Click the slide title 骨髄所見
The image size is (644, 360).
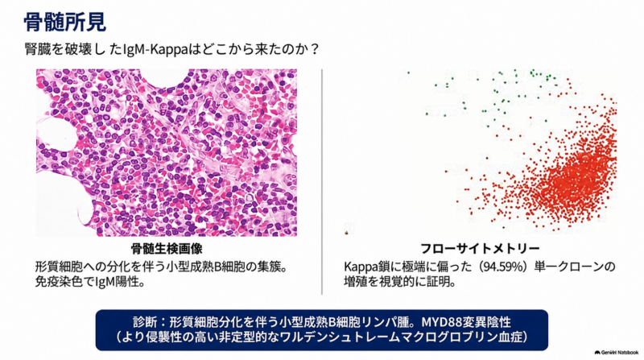(65, 22)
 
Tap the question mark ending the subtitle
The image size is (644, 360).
(314, 49)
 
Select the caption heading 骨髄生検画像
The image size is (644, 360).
(167, 248)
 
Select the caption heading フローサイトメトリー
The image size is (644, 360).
(480, 248)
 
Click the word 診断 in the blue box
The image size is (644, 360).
(145, 321)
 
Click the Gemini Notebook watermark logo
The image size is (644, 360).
(616, 352)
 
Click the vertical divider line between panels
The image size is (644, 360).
(322, 181)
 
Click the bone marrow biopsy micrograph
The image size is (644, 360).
(167, 152)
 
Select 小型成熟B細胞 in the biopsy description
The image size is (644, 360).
(212, 267)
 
